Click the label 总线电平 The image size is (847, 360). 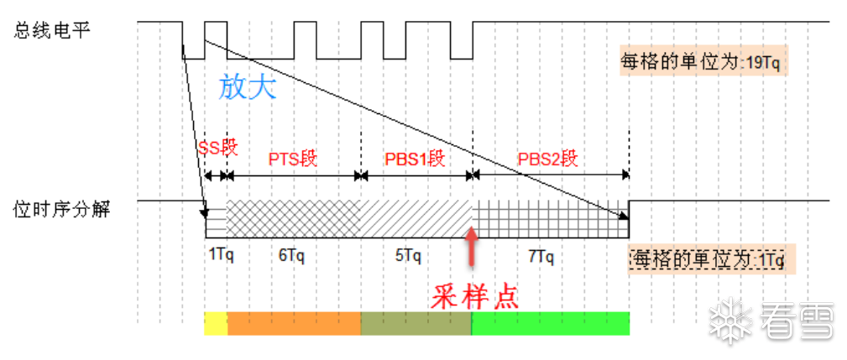tap(52, 30)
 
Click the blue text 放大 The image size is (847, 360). tap(247, 87)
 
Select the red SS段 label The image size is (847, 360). tap(218, 149)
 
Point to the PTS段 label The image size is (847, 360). tap(292, 159)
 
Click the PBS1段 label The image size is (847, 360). tap(414, 159)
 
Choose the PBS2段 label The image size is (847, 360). tap(548, 159)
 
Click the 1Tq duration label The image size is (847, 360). tap(219, 256)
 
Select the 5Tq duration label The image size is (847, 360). tap(408, 256)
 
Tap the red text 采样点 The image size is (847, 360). tap(475, 295)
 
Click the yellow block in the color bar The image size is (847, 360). tap(216, 324)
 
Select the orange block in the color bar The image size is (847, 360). tap(293, 324)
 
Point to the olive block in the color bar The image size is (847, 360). tap(416, 324)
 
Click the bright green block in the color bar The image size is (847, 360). tap(550, 324)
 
